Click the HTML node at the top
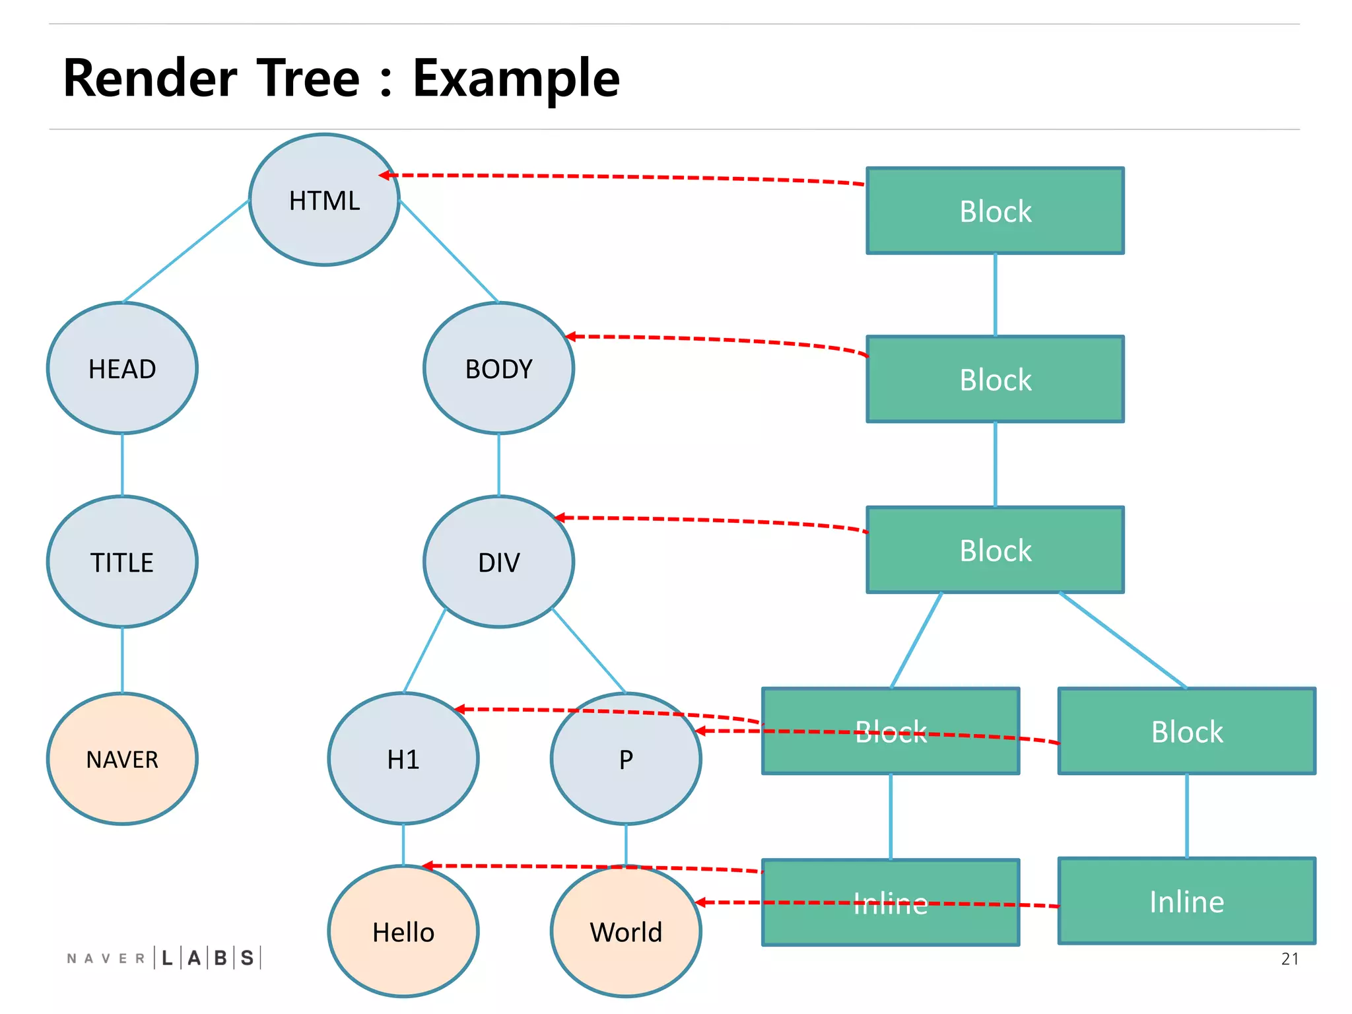coord(324,200)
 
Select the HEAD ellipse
coord(122,368)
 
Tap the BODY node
coord(498,368)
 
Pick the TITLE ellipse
coord(122,562)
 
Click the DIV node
coord(498,562)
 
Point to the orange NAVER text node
coord(122,759)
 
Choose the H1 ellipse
coord(403,759)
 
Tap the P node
coord(625,759)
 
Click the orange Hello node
coord(403,931)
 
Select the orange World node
coord(625,931)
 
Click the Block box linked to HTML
coord(995,211)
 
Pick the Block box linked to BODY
coord(995,379)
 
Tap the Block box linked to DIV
coord(995,549)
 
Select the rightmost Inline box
coord(1186,901)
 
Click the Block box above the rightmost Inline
coord(1186,731)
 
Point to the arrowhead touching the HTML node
coord(385,175)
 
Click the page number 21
coord(1289,959)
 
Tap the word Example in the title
coord(516,78)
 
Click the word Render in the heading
coord(150,78)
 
